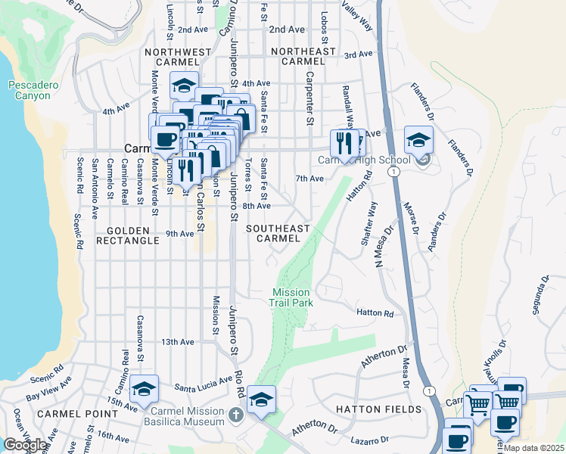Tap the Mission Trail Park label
291,297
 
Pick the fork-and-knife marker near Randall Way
345,142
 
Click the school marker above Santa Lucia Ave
144,389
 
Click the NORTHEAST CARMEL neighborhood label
303,56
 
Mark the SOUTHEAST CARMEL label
278,233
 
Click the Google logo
25,445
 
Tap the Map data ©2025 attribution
533,448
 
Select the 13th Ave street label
176,342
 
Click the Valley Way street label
357,15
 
